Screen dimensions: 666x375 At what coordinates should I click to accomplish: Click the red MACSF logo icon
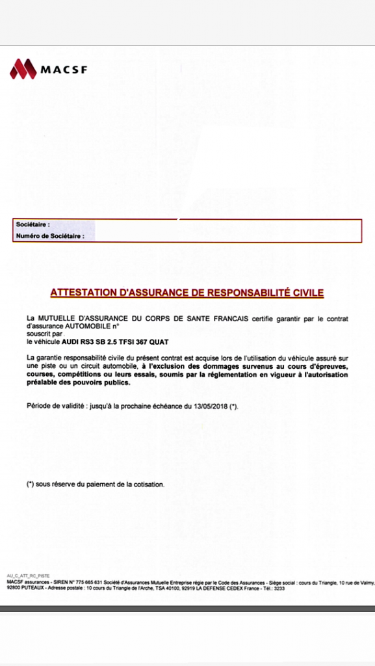click(23, 68)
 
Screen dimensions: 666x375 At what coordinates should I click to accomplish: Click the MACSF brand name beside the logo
click(64, 69)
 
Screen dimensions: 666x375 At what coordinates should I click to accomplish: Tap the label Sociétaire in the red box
click(32, 225)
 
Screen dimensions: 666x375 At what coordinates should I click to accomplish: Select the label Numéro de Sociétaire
click(50, 236)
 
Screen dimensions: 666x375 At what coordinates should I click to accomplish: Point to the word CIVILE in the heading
click(306, 293)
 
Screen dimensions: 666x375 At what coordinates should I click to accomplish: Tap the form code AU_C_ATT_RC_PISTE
click(28, 576)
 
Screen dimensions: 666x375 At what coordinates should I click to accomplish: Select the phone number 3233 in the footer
click(279, 588)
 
